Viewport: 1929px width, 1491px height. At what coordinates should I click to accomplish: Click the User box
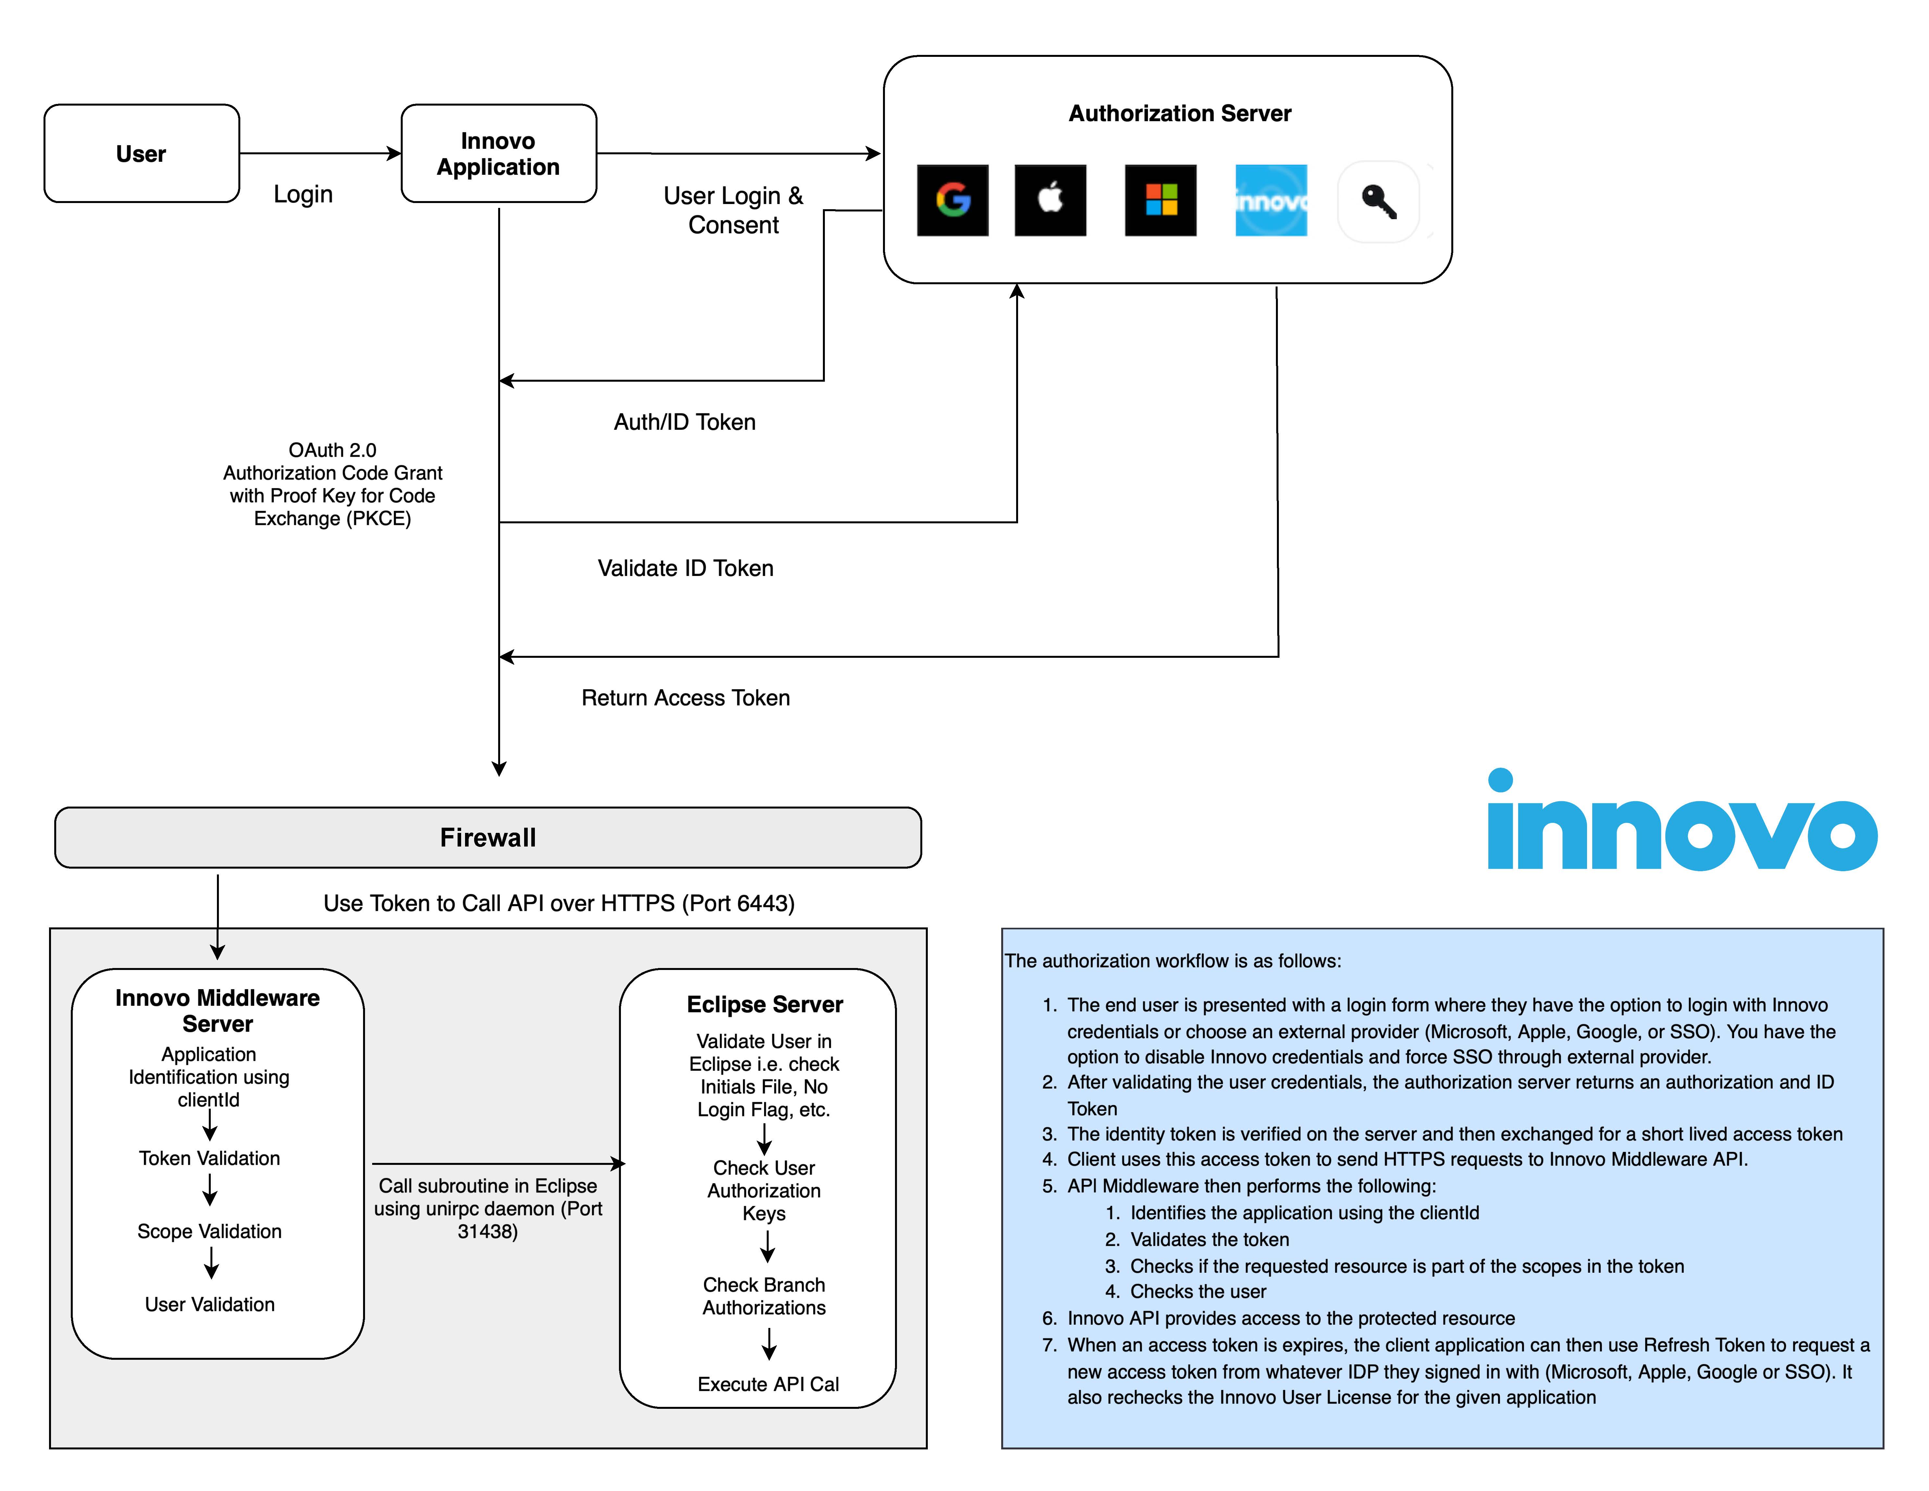coord(141,154)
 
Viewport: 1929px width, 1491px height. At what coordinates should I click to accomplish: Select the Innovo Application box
coord(499,154)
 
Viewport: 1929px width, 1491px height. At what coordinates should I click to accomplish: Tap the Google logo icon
coord(953,200)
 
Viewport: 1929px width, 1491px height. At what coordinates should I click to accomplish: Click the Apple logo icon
coord(1050,200)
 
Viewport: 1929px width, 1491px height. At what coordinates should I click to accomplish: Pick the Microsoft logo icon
coord(1161,200)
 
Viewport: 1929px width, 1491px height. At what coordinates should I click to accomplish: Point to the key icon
coord(1379,201)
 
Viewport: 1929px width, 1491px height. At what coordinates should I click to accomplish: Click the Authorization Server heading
coord(1180,114)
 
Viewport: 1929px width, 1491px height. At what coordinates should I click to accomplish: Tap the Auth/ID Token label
coord(685,422)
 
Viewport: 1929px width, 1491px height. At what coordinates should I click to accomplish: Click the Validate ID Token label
coord(686,568)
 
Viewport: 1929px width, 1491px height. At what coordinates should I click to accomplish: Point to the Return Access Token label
coord(686,698)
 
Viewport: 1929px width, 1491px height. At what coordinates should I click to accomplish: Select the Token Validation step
coord(209,1158)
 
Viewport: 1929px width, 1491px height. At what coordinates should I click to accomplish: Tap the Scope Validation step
coord(209,1231)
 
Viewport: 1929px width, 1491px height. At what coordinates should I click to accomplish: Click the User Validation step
coord(209,1305)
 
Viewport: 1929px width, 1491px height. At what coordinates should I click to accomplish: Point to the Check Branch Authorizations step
coord(764,1296)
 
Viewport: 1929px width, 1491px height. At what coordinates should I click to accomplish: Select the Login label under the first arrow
coord(303,194)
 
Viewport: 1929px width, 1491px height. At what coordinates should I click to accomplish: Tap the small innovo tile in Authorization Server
coord(1271,200)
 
